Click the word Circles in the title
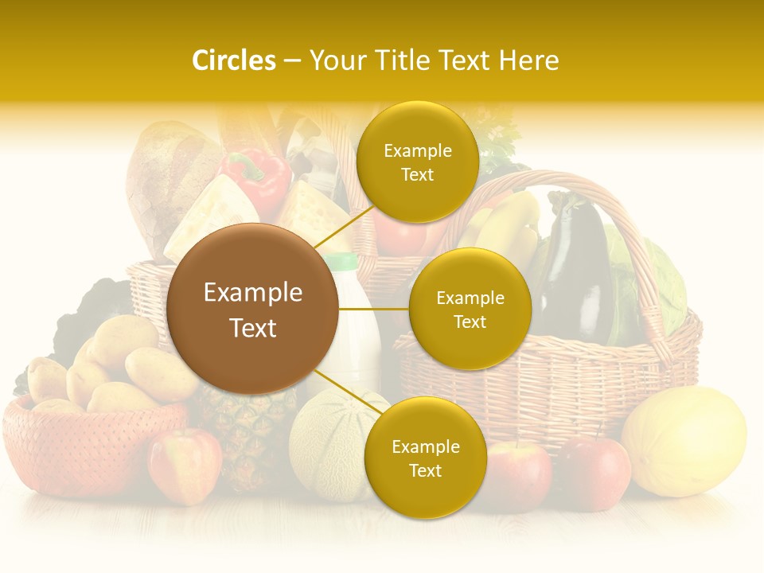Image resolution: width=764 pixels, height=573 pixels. (x=234, y=60)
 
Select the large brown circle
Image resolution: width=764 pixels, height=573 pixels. (x=252, y=309)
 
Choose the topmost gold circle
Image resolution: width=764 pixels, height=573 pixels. (x=417, y=162)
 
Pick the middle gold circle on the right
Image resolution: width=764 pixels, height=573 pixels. (x=470, y=309)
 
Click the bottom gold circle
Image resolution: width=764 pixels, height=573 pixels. (x=425, y=458)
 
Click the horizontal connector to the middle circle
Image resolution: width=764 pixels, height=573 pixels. (x=373, y=309)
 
